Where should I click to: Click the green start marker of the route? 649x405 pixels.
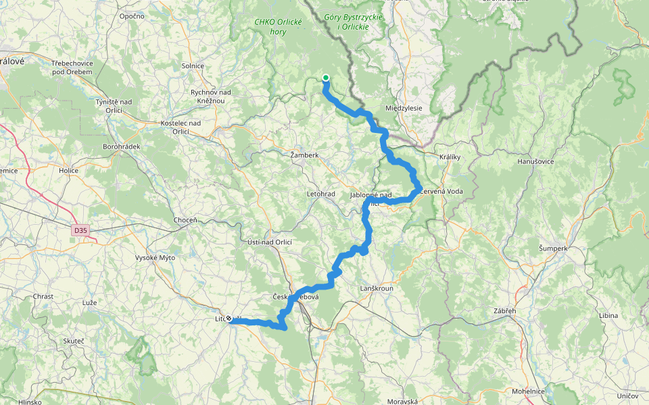click(x=325, y=78)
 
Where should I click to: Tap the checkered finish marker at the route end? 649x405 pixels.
click(x=229, y=319)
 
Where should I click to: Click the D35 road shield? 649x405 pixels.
click(x=81, y=230)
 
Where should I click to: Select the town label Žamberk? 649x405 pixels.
click(x=304, y=155)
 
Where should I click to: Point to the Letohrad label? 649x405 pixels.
click(x=320, y=194)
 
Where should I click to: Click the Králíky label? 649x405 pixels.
click(x=450, y=157)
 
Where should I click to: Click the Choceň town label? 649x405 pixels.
click(x=185, y=220)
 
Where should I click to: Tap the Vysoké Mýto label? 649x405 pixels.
click(x=155, y=258)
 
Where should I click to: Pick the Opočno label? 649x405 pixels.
click(x=131, y=16)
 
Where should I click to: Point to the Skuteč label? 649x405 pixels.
click(x=74, y=342)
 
